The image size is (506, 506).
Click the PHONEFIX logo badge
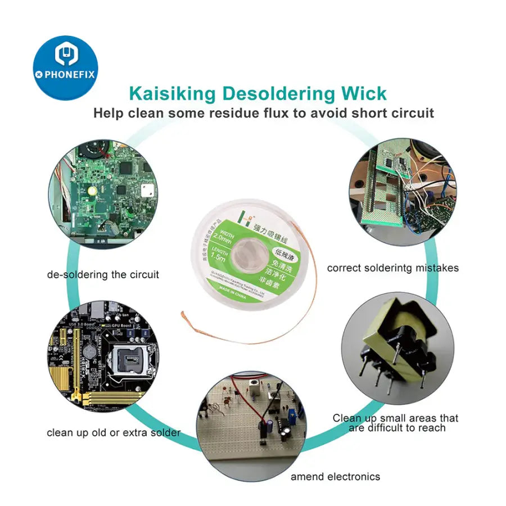point(66,67)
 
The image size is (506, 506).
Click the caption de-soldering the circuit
point(103,275)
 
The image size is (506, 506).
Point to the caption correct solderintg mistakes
point(392,268)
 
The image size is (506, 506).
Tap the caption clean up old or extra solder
point(114,433)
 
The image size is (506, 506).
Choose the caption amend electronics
point(335,477)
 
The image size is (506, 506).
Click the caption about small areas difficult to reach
point(395,423)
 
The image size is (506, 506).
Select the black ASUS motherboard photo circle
point(103,355)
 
